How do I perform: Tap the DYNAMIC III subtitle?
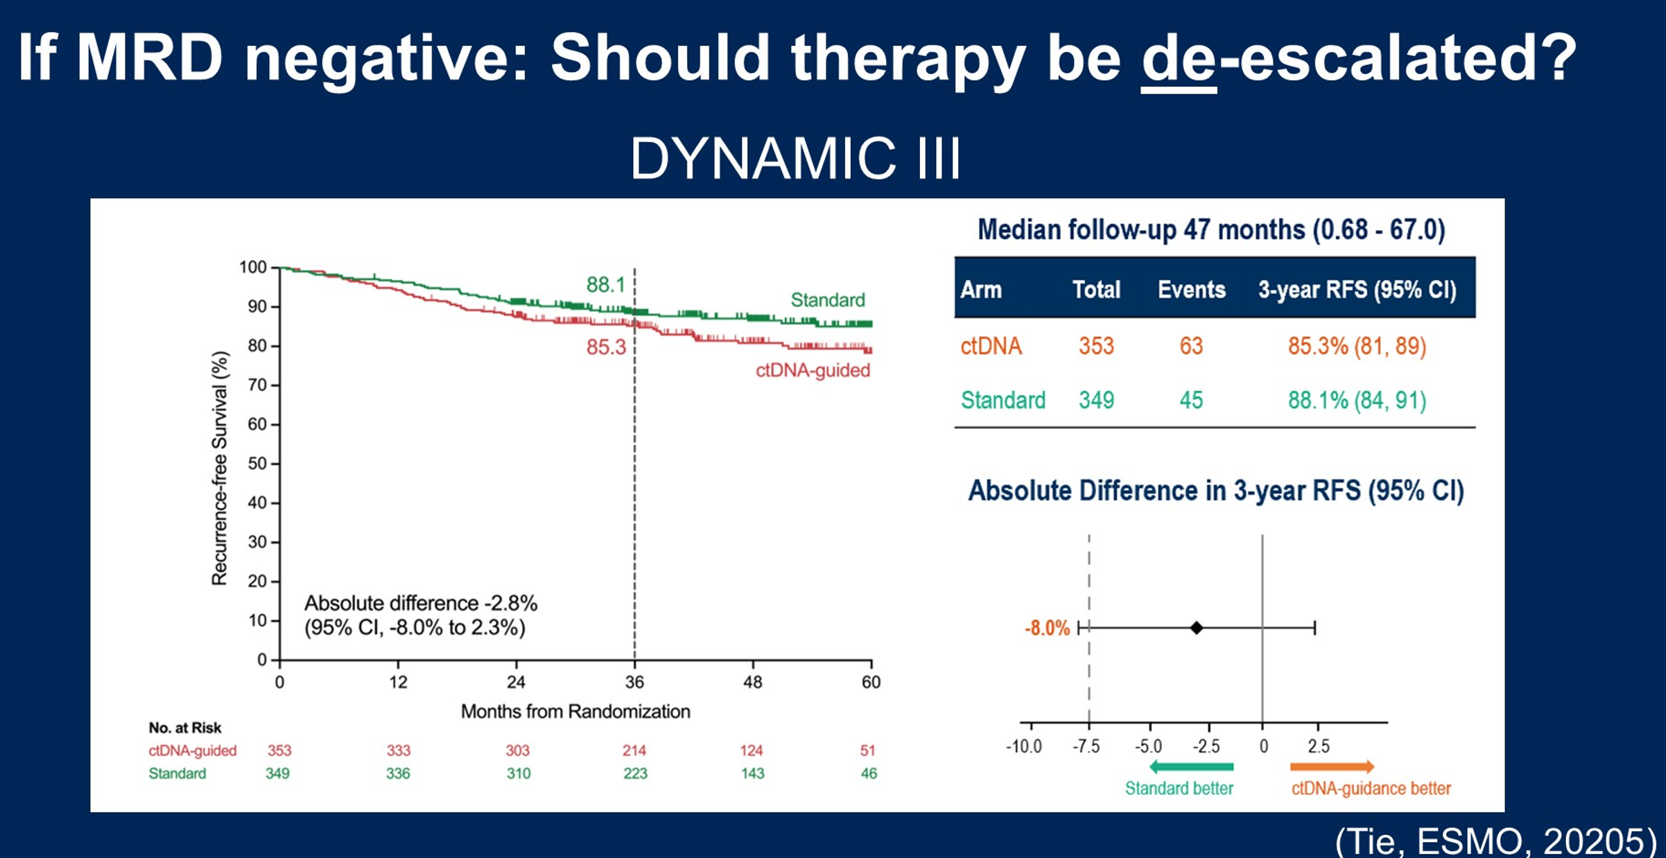(x=795, y=158)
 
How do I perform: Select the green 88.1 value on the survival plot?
(x=606, y=284)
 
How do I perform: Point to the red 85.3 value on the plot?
(x=606, y=347)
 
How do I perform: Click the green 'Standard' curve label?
(x=828, y=299)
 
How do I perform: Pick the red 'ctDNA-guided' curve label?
(x=813, y=370)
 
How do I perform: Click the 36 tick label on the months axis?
(x=634, y=682)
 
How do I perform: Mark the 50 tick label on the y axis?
(x=257, y=463)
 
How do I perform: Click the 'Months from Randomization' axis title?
(x=575, y=711)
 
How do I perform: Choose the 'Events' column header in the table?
(x=1191, y=289)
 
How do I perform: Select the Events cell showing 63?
(x=1191, y=346)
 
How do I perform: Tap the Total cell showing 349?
(x=1096, y=400)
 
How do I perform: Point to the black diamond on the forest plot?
(x=1197, y=628)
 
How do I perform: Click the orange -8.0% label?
(x=1047, y=628)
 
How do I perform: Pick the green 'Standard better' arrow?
(x=1191, y=767)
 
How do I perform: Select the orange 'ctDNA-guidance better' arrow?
(x=1332, y=767)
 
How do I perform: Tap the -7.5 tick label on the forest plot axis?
(x=1086, y=746)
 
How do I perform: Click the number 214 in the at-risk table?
(x=634, y=751)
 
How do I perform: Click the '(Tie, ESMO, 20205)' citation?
(x=1495, y=841)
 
